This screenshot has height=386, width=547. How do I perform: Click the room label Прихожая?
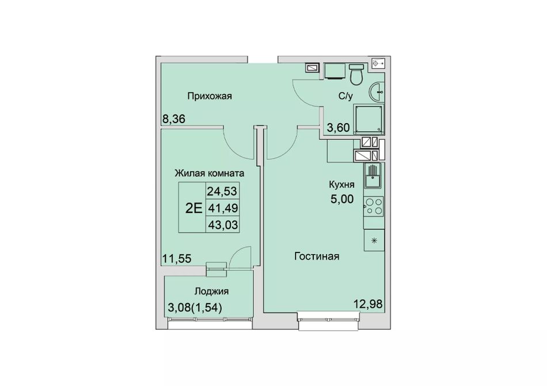210,96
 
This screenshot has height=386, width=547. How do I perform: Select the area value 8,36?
174,119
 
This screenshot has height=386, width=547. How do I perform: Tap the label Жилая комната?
210,173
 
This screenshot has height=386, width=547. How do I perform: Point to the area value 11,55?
177,258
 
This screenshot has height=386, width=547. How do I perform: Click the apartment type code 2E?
193,208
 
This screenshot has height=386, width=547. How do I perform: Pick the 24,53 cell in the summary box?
222,191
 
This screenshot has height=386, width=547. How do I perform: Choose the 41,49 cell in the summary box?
223,208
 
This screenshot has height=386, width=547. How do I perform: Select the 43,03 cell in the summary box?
223,225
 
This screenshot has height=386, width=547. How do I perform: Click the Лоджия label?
211,291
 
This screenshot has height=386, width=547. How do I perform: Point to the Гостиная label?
317,257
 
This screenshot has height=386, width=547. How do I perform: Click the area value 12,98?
368,304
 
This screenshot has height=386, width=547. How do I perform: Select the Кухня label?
342,184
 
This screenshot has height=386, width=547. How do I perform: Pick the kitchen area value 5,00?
342,199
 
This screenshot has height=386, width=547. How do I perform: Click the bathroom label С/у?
345,96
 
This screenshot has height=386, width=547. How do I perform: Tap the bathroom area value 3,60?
338,128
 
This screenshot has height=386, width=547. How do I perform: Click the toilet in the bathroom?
356,75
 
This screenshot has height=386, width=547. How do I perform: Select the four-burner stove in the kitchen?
374,206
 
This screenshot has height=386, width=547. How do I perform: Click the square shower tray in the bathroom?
369,119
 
